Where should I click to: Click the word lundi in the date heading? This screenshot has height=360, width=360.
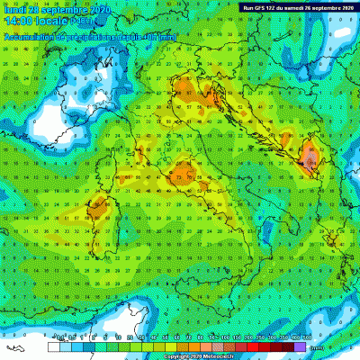tap(14, 9)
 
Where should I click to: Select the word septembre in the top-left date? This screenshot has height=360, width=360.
tap(58, 9)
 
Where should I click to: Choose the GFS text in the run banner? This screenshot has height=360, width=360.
tap(267, 8)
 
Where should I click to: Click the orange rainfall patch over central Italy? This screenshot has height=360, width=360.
tap(186, 170)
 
